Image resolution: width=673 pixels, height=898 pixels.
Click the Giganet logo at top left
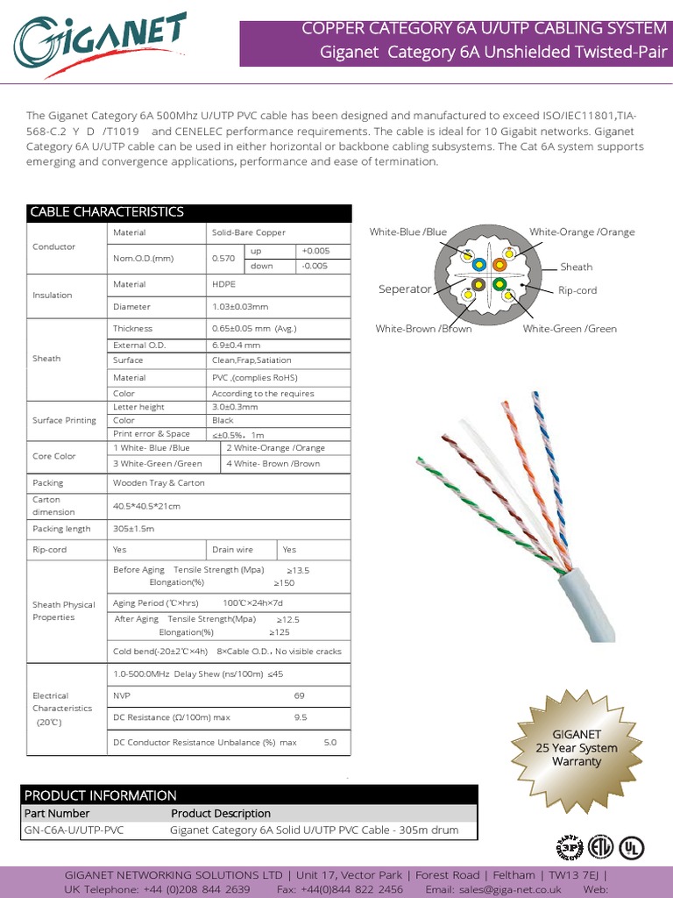[x=98, y=39]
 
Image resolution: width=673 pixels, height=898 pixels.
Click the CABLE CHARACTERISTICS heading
[x=107, y=212]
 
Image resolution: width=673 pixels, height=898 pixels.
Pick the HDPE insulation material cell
[x=223, y=284]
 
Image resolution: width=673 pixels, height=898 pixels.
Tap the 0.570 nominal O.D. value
[x=223, y=259]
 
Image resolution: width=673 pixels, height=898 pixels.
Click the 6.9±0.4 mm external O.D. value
[x=236, y=345]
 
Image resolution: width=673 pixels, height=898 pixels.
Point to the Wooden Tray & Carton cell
[x=159, y=482]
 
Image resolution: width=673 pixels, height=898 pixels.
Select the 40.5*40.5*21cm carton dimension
[x=146, y=506]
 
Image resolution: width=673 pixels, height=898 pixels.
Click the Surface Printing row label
[x=64, y=420]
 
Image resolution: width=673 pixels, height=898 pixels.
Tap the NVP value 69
[x=300, y=695]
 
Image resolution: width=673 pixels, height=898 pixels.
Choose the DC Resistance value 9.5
[x=301, y=717]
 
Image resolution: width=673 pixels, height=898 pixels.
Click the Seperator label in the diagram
[x=404, y=289]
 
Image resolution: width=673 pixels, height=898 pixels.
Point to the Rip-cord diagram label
[x=577, y=290]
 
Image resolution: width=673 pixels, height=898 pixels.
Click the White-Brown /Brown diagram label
[x=423, y=329]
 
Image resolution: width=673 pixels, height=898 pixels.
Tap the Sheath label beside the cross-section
[x=577, y=267]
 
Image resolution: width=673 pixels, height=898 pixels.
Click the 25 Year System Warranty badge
[x=577, y=748]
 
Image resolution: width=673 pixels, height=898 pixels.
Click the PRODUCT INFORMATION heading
[x=100, y=795]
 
